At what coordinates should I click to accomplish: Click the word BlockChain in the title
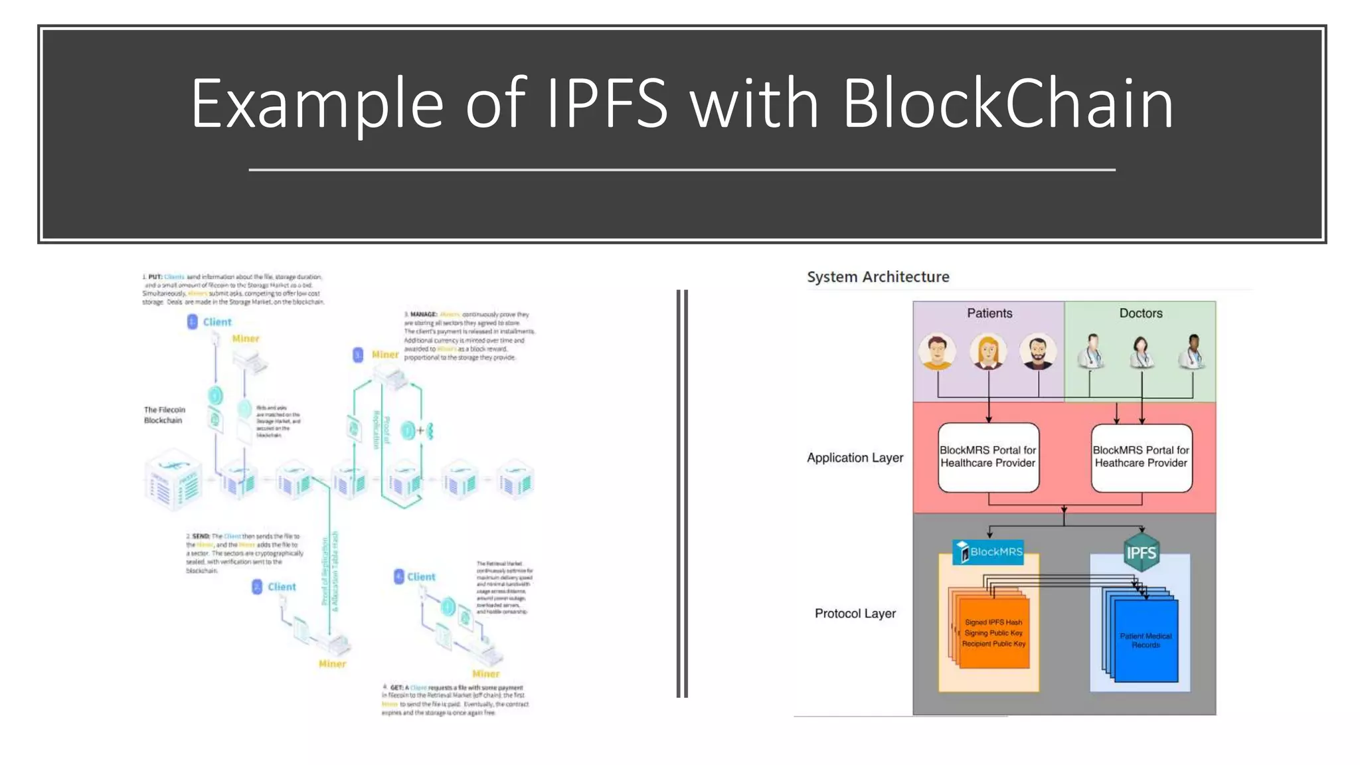[x=1008, y=104]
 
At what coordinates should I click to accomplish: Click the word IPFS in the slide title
[x=606, y=104]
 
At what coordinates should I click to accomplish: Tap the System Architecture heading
[x=878, y=277]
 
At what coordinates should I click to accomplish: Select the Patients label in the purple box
[x=989, y=313]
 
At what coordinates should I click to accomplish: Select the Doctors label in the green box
[x=1141, y=313]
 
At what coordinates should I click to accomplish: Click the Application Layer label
[x=855, y=458]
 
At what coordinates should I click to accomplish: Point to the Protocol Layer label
[x=855, y=614]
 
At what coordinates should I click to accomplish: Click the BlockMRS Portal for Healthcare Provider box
[x=988, y=457]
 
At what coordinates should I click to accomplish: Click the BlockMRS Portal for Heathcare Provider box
[x=1141, y=457]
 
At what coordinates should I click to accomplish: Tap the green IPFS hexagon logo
[x=1141, y=552]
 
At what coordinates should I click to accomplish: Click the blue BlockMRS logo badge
[x=988, y=552]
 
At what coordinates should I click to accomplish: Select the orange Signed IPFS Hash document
[x=994, y=633]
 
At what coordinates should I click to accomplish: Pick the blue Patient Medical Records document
[x=1146, y=640]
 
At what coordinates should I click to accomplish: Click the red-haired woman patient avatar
[x=988, y=351]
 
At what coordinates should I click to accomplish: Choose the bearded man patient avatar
[x=1038, y=351]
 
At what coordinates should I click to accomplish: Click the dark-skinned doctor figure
[x=1193, y=351]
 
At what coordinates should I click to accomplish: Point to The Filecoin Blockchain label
[x=164, y=415]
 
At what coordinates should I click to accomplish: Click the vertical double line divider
[x=682, y=493]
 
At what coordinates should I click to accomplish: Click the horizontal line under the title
[x=682, y=170]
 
